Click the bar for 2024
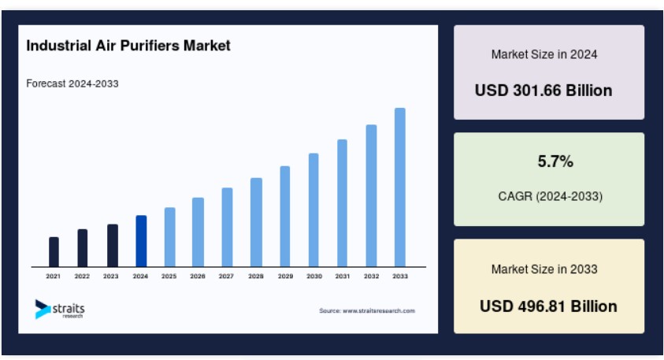click(x=141, y=241)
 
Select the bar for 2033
click(x=400, y=187)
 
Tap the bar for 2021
click(x=54, y=252)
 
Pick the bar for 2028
click(x=256, y=222)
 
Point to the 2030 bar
click(x=313, y=210)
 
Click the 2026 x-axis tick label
click(x=198, y=276)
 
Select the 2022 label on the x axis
click(x=82, y=276)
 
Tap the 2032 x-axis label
click(x=371, y=276)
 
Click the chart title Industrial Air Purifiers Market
click(x=128, y=46)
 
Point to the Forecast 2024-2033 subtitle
click(x=72, y=84)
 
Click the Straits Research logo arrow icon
click(x=43, y=309)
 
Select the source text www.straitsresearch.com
click(x=379, y=310)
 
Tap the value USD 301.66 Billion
click(x=543, y=91)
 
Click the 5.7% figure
click(x=555, y=161)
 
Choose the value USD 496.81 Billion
click(x=548, y=306)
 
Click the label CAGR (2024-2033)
click(x=550, y=196)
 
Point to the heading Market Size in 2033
click(x=544, y=269)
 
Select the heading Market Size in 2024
click(x=544, y=54)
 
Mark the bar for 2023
click(x=113, y=246)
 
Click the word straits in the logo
click(x=69, y=308)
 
